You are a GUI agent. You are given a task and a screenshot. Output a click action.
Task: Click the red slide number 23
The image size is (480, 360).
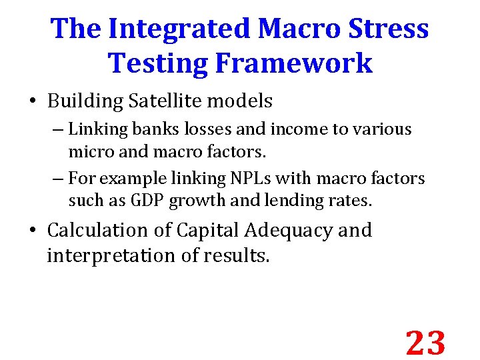[425, 343]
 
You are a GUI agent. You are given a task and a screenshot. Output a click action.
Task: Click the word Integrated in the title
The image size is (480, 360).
[179, 29]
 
